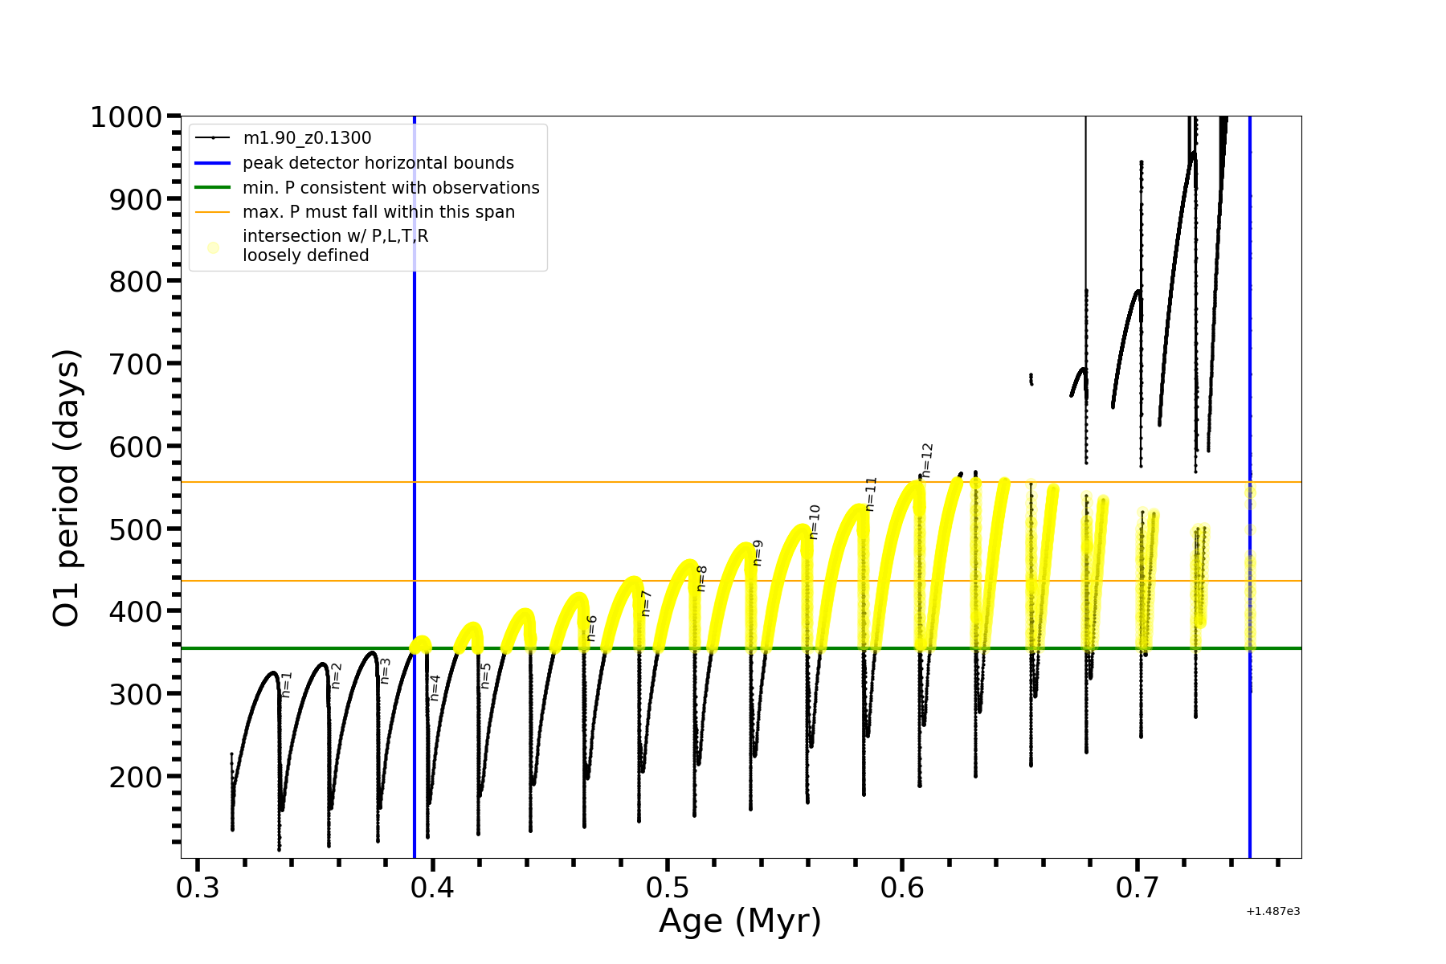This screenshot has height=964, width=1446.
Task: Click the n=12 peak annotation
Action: [927, 460]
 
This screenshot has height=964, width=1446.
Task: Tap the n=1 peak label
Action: [287, 684]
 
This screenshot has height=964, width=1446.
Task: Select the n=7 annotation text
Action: [646, 603]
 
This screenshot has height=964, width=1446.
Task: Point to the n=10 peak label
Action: [815, 521]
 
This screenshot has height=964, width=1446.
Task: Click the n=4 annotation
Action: [435, 688]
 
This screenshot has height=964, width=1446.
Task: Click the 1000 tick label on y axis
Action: [126, 117]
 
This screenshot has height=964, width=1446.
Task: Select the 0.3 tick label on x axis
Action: [198, 888]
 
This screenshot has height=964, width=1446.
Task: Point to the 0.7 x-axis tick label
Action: [1138, 888]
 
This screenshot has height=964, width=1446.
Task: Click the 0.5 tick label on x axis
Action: [668, 888]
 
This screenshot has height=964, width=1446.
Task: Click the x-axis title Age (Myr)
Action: [740, 921]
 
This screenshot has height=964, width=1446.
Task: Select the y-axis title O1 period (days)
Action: [66, 488]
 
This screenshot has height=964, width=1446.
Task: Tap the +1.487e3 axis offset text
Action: [1272, 912]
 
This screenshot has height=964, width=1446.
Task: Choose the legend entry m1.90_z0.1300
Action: [307, 138]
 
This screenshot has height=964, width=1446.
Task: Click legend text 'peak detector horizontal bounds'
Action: [378, 163]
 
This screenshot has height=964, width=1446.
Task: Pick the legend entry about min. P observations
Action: [391, 188]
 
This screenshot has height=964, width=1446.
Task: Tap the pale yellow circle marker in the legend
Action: [213, 247]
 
